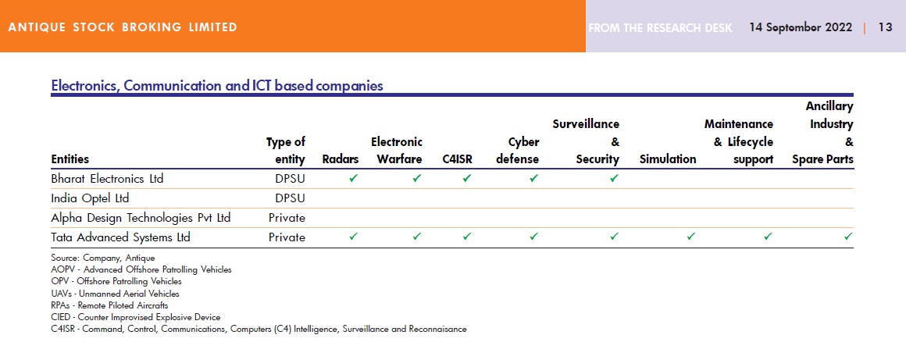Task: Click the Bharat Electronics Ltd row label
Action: click(x=107, y=178)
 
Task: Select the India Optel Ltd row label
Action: click(x=90, y=198)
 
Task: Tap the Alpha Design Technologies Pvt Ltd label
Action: click(x=141, y=217)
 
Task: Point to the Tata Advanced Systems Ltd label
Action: click(x=120, y=237)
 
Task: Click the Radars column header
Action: click(x=341, y=159)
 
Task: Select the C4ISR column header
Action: click(x=456, y=159)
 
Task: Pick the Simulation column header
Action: click(x=668, y=159)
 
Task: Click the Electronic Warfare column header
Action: click(x=397, y=151)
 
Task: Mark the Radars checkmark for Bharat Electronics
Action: click(x=353, y=178)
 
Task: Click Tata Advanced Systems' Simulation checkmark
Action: click(x=690, y=236)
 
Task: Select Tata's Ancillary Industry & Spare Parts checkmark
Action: click(x=847, y=236)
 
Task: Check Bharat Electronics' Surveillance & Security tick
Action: click(x=614, y=178)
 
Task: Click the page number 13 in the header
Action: click(x=885, y=27)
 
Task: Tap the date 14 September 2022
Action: click(x=801, y=27)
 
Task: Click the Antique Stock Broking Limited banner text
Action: click(x=123, y=27)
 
